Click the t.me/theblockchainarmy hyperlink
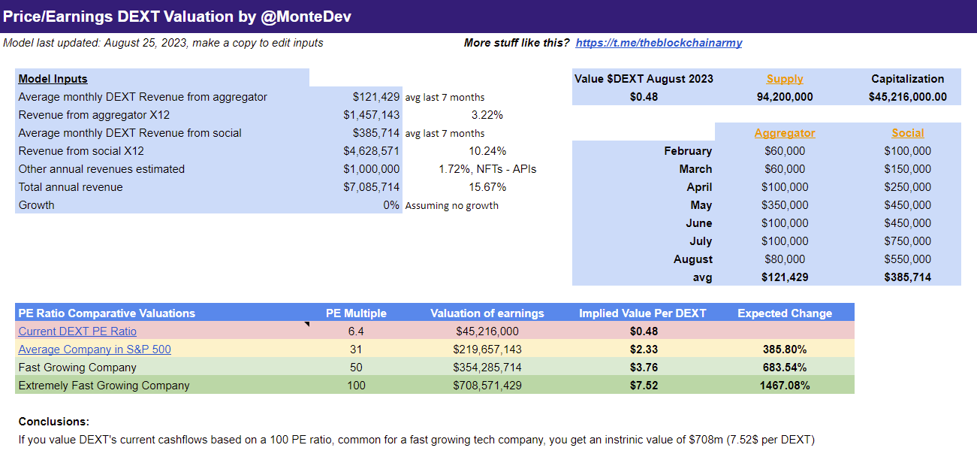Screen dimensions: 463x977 click(659, 43)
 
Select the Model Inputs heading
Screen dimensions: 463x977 click(53, 79)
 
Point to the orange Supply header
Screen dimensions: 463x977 click(785, 79)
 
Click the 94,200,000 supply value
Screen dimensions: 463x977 click(785, 97)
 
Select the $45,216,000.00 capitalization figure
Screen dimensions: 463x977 click(907, 97)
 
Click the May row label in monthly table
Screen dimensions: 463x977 click(701, 205)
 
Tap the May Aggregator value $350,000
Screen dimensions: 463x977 click(785, 205)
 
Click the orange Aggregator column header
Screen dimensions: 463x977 click(785, 133)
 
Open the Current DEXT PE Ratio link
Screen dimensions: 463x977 click(77, 331)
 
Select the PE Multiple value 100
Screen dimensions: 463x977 click(356, 386)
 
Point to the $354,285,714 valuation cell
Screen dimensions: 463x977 click(487, 368)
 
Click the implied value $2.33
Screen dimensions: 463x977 click(644, 350)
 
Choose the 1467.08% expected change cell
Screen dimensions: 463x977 click(785, 386)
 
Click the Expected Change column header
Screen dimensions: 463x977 click(785, 313)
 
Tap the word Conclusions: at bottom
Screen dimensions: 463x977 click(54, 422)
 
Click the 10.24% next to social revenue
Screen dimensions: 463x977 click(487, 151)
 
